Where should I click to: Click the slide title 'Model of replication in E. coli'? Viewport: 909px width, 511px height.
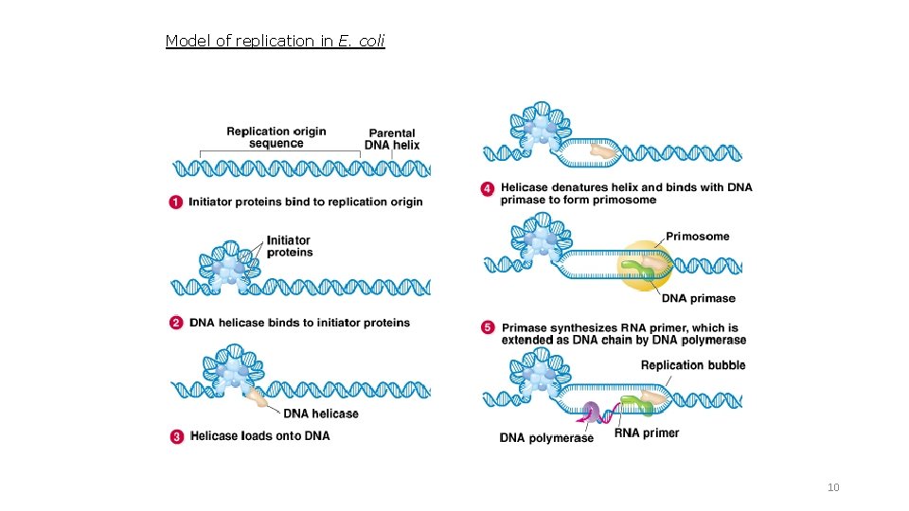(x=275, y=41)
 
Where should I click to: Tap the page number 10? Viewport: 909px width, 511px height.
(x=833, y=487)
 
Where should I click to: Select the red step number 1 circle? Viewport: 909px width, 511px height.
(x=177, y=202)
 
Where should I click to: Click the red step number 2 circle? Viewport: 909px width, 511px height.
(x=177, y=323)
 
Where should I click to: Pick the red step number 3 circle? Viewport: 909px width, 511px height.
(x=177, y=436)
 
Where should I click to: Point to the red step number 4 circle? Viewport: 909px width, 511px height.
(x=488, y=188)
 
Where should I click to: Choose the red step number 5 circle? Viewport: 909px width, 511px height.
(x=488, y=327)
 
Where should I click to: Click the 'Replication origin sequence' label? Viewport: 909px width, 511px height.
(x=276, y=137)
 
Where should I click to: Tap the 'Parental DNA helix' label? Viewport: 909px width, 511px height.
(x=392, y=139)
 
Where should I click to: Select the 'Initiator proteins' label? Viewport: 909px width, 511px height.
(x=290, y=246)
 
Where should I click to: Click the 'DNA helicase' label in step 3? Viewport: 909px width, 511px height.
(x=321, y=414)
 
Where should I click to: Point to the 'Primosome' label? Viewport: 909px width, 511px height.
(x=698, y=237)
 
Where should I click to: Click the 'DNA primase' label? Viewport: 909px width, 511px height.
(x=698, y=299)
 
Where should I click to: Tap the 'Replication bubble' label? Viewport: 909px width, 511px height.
(x=693, y=365)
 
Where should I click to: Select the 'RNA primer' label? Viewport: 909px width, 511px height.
(x=647, y=433)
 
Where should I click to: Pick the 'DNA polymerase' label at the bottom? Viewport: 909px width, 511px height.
(x=546, y=438)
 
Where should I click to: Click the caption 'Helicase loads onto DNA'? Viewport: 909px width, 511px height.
(x=259, y=436)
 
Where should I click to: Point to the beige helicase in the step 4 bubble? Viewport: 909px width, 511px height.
(x=601, y=150)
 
